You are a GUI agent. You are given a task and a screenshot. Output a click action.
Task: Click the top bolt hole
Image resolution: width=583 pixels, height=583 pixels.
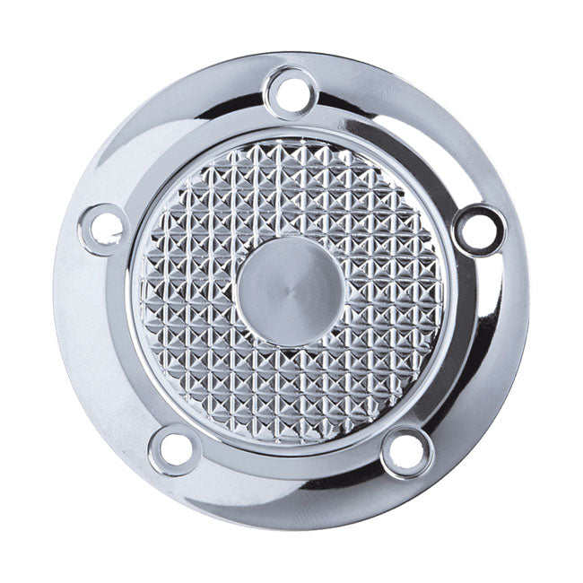[x=289, y=91]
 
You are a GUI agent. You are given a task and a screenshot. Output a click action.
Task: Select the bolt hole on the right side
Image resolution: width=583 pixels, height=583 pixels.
[x=478, y=227]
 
